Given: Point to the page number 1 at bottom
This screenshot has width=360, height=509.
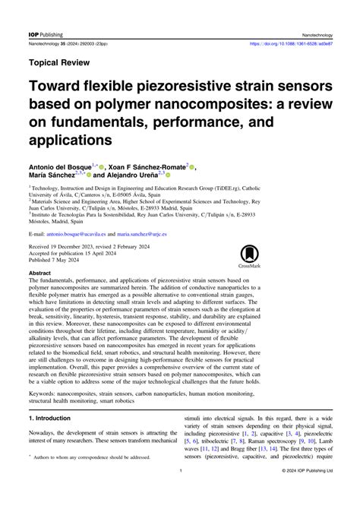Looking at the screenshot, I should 180,493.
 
